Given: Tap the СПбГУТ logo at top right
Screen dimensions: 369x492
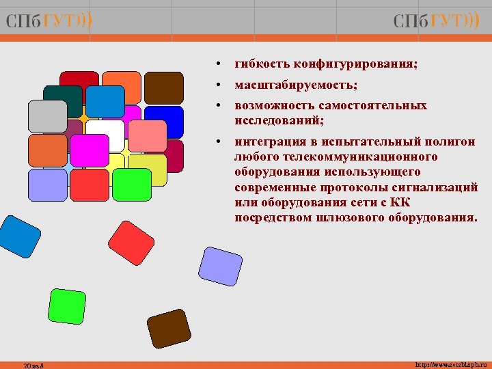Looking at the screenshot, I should coord(436,21).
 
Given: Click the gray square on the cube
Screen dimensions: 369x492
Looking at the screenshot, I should coord(47,116).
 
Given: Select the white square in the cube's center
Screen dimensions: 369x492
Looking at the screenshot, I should coord(106,135).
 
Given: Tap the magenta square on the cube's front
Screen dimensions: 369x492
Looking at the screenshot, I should coord(90,150).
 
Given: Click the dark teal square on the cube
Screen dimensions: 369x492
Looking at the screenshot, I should coord(62,101).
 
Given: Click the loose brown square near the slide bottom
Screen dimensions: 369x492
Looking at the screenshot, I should coord(169,329).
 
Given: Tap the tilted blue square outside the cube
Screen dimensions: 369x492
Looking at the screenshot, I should coord(20,236).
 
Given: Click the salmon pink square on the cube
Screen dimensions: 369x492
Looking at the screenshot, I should coord(147,136).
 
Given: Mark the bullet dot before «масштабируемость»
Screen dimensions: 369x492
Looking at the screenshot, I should coord(216,85).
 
